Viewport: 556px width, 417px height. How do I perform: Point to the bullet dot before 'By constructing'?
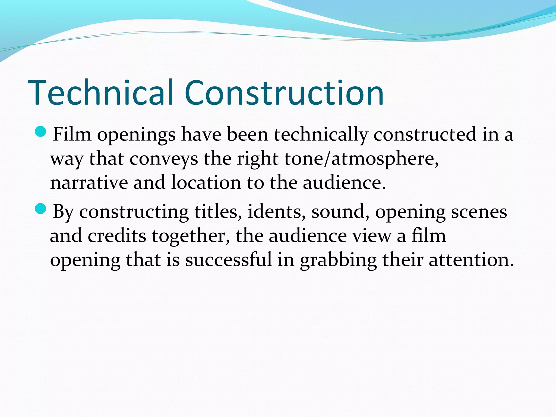tap(41, 209)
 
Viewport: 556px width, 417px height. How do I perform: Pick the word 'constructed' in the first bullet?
tap(425, 134)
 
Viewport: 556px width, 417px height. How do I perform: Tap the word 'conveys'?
tap(164, 159)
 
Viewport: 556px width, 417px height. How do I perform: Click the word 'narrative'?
tap(89, 182)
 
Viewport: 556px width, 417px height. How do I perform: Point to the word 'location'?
tap(206, 182)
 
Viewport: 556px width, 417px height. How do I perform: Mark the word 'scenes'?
tap(479, 211)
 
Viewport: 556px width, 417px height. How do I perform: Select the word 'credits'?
tap(117, 235)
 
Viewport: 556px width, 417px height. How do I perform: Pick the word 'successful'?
tap(228, 260)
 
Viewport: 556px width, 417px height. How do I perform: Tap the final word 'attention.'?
tap(471, 260)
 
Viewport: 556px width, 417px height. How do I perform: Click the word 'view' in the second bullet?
tap(372, 235)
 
